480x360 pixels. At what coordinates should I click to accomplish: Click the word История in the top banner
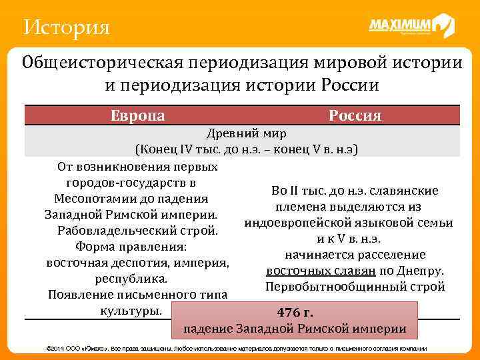click(65, 27)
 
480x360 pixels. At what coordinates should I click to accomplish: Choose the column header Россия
click(355, 115)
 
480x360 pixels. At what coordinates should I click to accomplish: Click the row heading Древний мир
click(247, 134)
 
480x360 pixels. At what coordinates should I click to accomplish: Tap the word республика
click(131, 279)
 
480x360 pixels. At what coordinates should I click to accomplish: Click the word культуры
click(130, 311)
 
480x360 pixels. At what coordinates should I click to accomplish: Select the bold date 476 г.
click(295, 313)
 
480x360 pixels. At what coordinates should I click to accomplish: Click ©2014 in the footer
click(51, 349)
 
